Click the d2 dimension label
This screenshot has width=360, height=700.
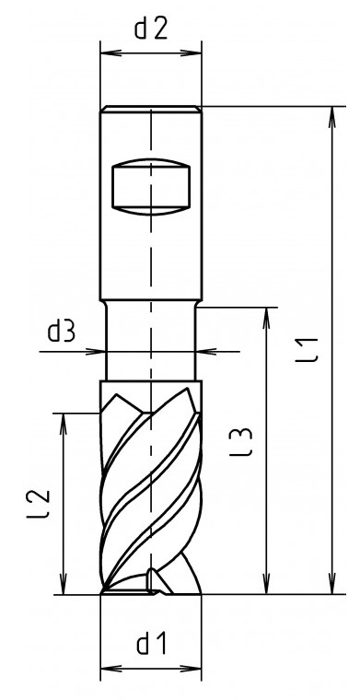tap(151, 29)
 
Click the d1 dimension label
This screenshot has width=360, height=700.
tap(152, 644)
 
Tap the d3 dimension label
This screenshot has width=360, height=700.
tap(62, 332)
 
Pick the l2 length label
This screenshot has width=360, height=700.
tap(38, 505)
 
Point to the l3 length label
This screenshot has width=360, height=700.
tap(242, 441)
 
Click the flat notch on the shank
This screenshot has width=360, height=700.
tap(151, 187)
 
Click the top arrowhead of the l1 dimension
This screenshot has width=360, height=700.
tap(331, 117)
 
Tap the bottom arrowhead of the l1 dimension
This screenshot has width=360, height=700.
tap(331, 584)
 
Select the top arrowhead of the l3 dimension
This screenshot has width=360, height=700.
tap(267, 318)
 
